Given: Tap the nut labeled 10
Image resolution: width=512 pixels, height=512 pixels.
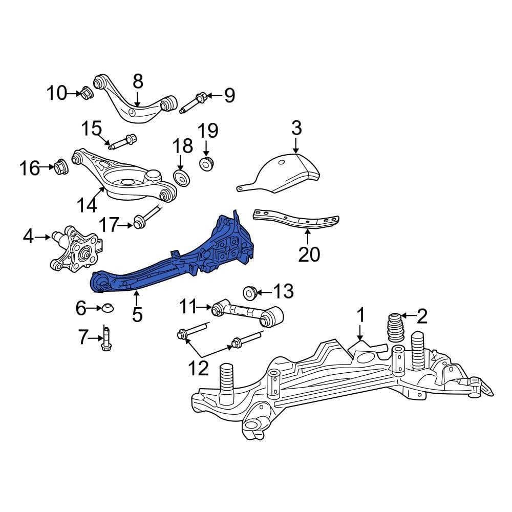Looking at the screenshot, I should (87, 94).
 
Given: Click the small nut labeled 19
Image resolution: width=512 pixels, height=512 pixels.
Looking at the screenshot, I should (207, 164).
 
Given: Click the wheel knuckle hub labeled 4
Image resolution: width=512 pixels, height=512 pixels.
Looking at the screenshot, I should (77, 249).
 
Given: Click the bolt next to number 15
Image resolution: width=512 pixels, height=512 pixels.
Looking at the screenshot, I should (123, 141).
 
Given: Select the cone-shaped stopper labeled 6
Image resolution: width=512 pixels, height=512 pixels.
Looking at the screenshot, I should (107, 308).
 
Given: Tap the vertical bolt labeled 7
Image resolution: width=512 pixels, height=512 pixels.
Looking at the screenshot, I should (105, 339).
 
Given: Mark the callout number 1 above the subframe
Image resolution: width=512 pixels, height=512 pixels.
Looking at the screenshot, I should (361, 315).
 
